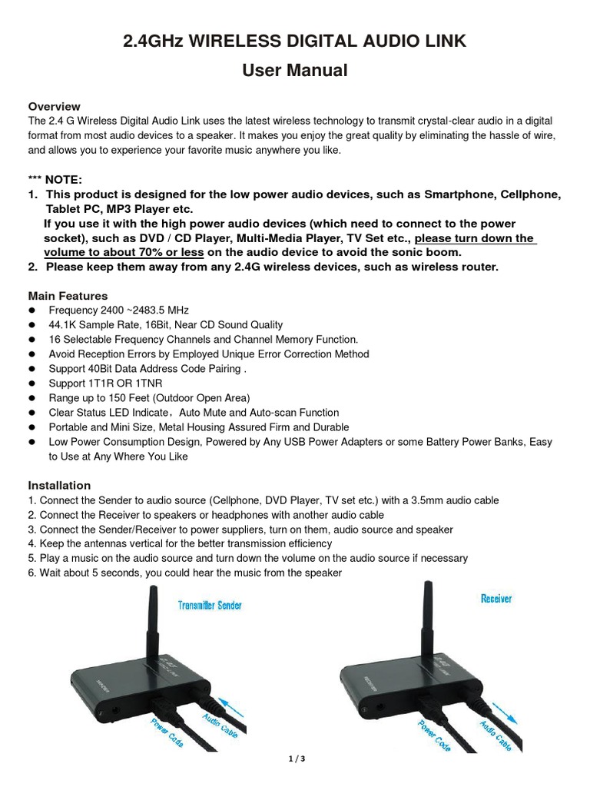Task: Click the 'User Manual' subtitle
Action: (x=295, y=71)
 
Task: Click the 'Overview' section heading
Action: (x=55, y=106)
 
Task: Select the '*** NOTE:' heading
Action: (x=55, y=179)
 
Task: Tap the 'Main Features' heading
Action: (x=68, y=296)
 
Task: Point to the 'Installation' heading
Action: (x=59, y=486)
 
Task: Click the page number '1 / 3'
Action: (x=295, y=759)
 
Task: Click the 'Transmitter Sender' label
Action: (x=210, y=606)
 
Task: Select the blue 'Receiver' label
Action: (x=496, y=598)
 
